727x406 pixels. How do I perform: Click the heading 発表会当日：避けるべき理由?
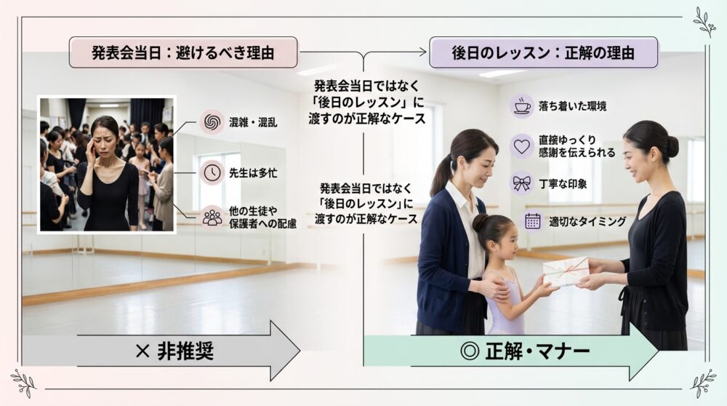pos(183,52)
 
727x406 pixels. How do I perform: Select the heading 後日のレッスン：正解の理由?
pos(543,52)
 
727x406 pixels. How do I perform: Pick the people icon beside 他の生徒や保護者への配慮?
pos(212,217)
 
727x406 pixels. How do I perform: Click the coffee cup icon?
pos(521,106)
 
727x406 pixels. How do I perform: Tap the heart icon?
pos(521,146)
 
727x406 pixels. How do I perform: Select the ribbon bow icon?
pos(521,183)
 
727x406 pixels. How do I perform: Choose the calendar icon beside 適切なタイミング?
pos(532,221)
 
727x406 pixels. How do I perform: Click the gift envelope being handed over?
pos(566,271)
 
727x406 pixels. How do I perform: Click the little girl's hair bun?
pos(481,222)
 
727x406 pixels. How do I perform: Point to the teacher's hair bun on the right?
pos(671,146)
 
